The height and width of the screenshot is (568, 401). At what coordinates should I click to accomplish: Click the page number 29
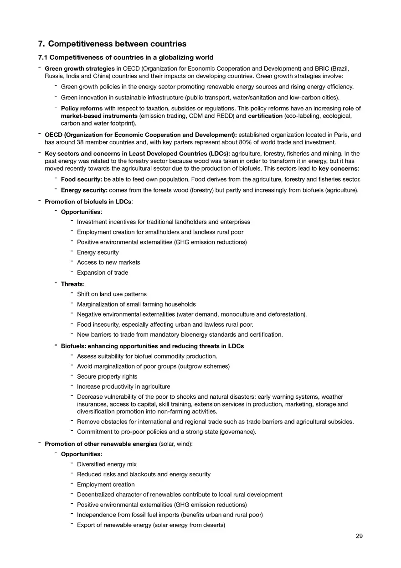coord(359,536)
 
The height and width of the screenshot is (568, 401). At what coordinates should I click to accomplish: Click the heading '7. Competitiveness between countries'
coord(112,44)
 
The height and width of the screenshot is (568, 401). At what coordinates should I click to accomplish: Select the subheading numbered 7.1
coord(125,57)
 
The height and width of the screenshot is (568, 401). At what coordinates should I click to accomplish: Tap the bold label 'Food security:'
coord(81,179)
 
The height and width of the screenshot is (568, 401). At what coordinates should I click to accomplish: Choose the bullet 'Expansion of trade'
coord(103,273)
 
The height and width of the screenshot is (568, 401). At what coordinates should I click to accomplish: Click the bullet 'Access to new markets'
coord(108,262)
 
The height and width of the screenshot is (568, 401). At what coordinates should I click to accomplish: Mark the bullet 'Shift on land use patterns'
coord(112,294)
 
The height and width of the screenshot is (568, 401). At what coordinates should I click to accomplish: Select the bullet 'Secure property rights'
coord(107,377)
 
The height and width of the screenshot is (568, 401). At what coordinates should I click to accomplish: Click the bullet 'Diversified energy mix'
coord(107,464)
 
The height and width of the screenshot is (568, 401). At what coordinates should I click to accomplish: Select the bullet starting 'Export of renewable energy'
coord(151,525)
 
